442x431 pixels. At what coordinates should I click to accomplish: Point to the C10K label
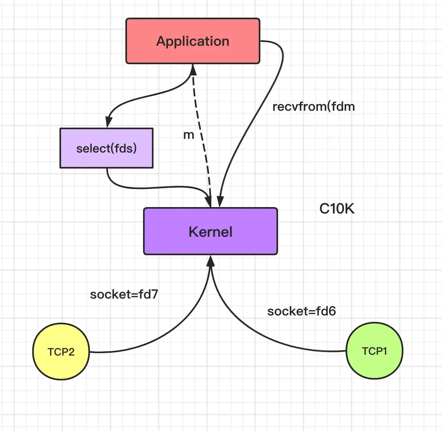pos(337,209)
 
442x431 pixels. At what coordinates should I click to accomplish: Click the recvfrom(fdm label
pos(313,107)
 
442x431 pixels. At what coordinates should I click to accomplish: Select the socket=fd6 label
pos(301,311)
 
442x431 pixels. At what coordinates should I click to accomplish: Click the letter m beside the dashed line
pos(188,135)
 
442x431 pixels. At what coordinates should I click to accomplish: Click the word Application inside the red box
pos(193,41)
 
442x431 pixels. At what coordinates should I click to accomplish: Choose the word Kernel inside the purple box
pos(211,232)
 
